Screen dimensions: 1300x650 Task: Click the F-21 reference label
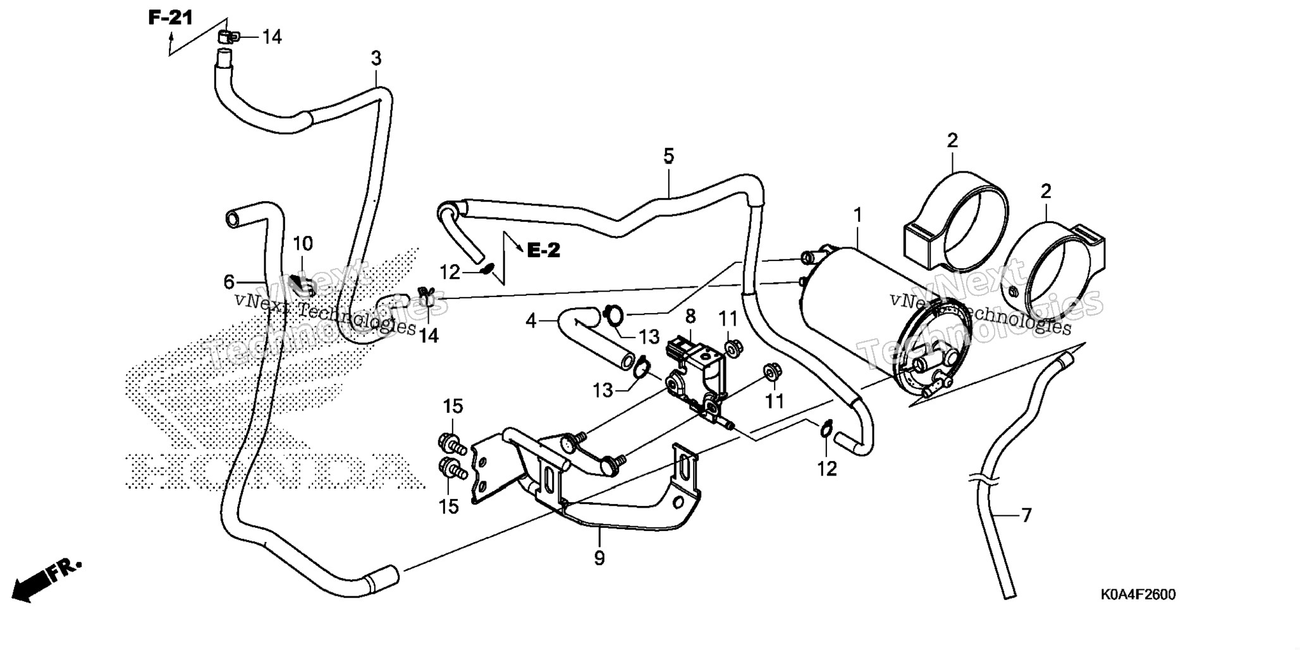point(170,18)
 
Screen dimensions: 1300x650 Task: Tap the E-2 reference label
point(544,250)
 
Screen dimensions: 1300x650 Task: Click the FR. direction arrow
point(48,579)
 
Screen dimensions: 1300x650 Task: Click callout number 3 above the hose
point(376,59)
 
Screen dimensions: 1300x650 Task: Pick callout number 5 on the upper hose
point(668,156)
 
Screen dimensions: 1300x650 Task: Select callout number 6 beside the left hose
point(229,281)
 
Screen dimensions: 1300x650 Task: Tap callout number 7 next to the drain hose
point(1026,515)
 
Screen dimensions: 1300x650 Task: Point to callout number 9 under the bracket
point(599,558)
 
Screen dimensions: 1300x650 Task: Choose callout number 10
point(302,243)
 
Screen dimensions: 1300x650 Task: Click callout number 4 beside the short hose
point(531,321)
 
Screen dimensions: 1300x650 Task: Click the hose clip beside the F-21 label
point(226,36)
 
